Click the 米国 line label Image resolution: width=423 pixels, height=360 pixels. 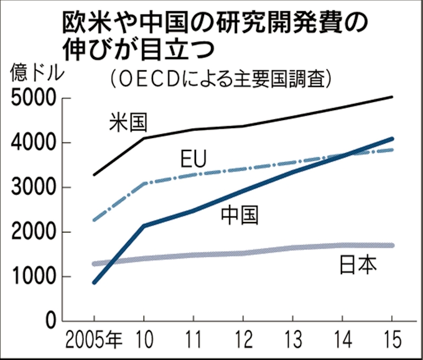click(128, 122)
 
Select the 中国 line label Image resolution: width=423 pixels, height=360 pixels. click(240, 215)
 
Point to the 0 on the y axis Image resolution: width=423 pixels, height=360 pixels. click(50, 321)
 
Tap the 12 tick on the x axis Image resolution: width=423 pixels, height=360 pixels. click(243, 340)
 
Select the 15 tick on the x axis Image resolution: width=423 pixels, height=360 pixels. click(391, 340)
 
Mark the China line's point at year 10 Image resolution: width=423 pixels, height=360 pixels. click(144, 226)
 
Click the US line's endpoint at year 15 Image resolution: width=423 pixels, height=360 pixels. click(392, 97)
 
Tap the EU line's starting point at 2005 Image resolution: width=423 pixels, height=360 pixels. click(94, 220)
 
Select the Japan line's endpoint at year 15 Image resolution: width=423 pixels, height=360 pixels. click(392, 245)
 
